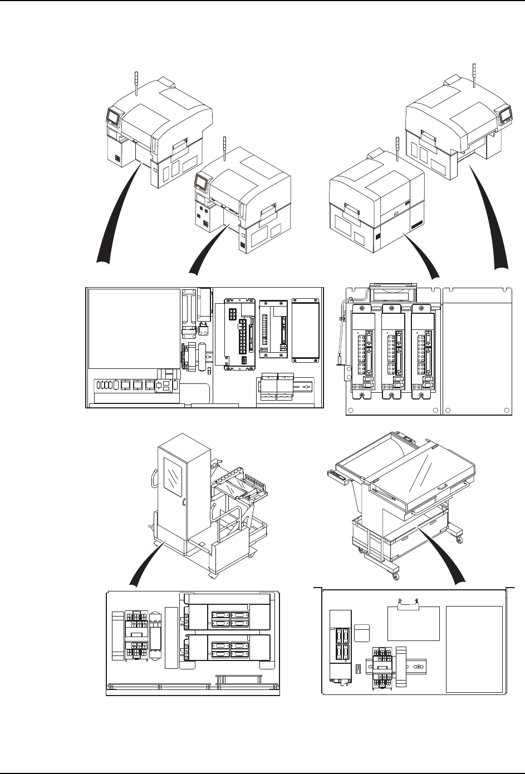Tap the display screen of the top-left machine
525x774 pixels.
click(x=113, y=117)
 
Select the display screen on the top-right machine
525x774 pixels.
click(x=506, y=115)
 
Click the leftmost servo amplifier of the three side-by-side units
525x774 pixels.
click(x=362, y=353)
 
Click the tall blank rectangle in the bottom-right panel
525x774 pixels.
click(x=475, y=649)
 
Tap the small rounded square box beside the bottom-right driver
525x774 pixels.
click(x=362, y=632)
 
